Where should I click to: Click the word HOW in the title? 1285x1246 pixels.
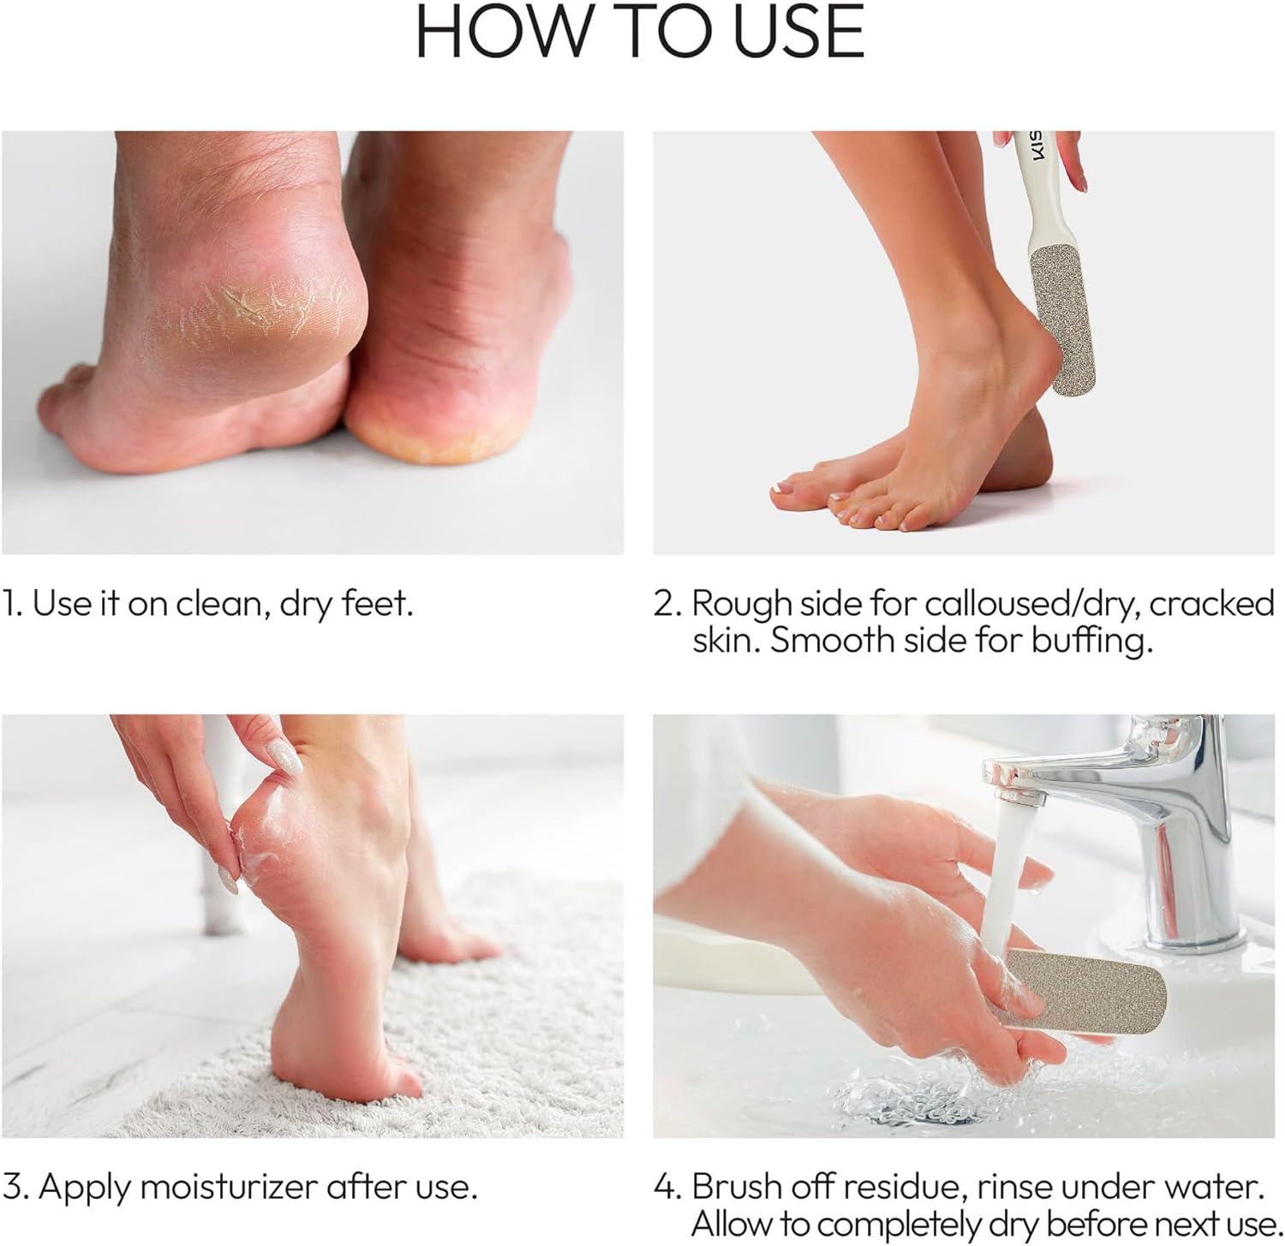[x=499, y=32]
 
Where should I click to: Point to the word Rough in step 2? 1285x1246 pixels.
[x=741, y=605]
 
